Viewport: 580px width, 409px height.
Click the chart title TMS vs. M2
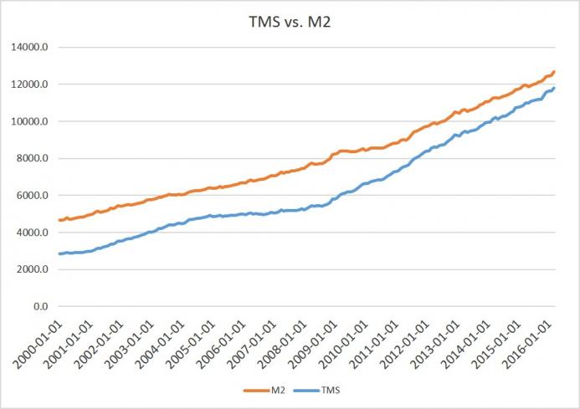[x=290, y=23]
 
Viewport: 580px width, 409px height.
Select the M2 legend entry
[x=272, y=390]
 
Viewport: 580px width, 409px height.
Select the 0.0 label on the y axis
[x=41, y=307]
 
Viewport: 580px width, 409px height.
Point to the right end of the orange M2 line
[x=554, y=72]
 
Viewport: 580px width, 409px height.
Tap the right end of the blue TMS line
[x=554, y=88]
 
